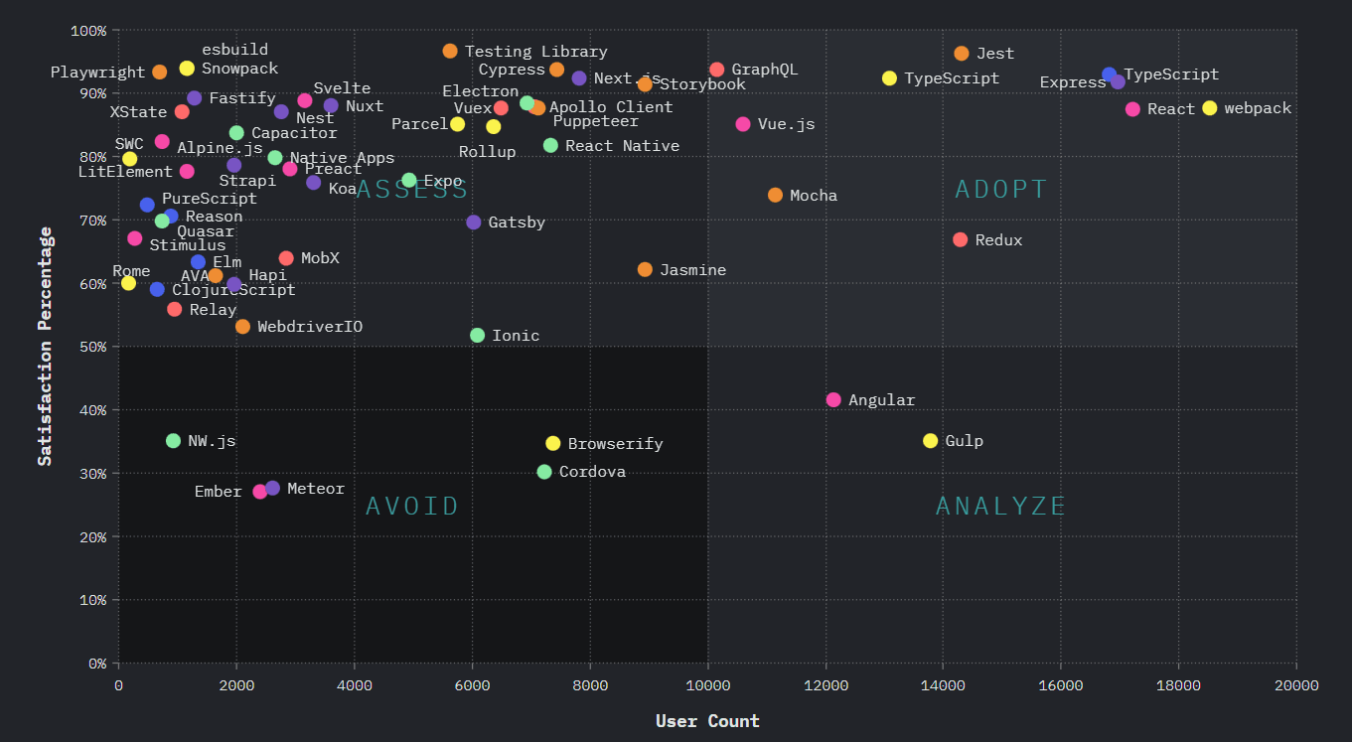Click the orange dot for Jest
coord(961,54)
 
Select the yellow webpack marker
coord(1209,108)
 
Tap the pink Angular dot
coord(833,400)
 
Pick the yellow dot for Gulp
coord(930,441)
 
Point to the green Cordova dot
coord(544,472)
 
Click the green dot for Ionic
coord(477,336)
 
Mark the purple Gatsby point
coord(474,223)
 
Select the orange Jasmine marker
coord(645,270)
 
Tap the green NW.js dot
coord(173,441)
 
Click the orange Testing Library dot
coord(450,51)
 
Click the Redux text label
coord(998,240)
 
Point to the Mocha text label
coord(813,196)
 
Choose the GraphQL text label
coord(764,70)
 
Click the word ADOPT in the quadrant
coord(1001,190)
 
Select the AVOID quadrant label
coord(412,507)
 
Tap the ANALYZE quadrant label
coord(1001,507)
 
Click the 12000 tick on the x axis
coord(826,685)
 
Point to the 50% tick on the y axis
coord(91,347)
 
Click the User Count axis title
coord(707,721)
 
